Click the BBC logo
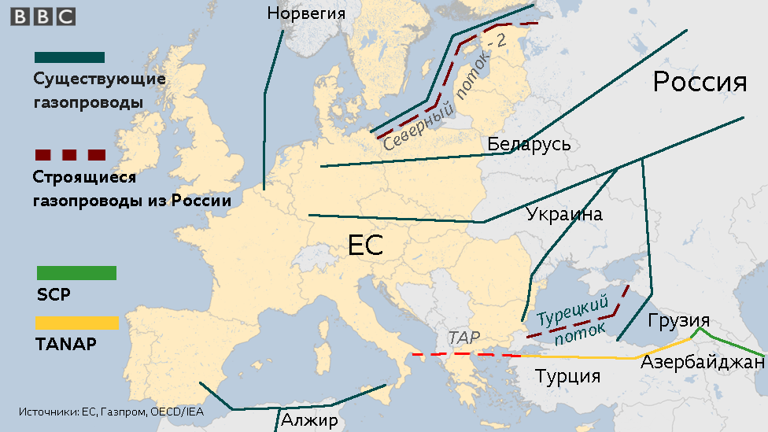pos(43,17)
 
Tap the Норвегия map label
pos(306,13)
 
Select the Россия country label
pos(700,82)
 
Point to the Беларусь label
pos(529,144)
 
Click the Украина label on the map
pos(564,214)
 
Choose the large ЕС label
pos(365,246)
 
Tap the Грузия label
pos(679,321)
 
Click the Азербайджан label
pos(702,362)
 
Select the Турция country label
pos(568,375)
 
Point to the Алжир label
pos(309,420)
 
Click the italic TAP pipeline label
pos(463,338)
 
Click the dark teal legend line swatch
pos(69,57)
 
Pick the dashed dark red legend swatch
pos(69,153)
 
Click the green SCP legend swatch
pos(76,273)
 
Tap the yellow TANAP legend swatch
pos(77,323)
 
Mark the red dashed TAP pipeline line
pos(464,355)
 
